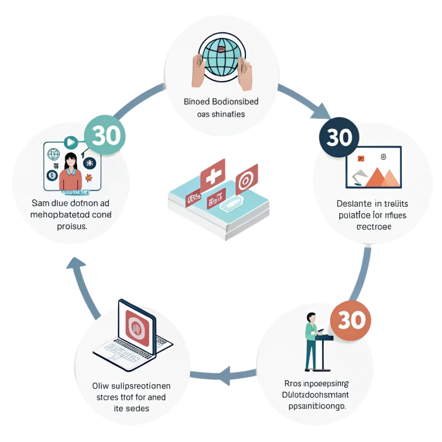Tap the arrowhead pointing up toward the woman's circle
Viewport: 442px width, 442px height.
(76, 262)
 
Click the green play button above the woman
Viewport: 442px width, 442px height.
(70, 142)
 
